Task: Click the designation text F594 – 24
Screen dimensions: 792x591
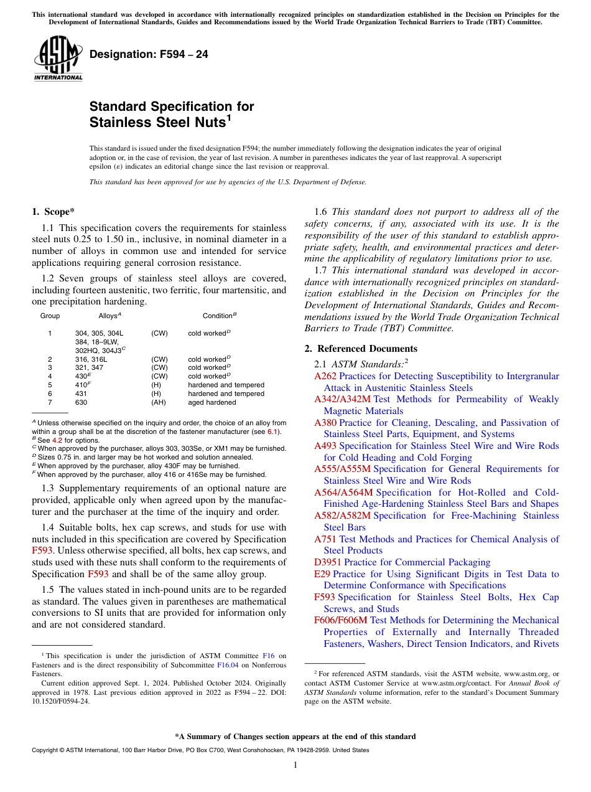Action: point(149,55)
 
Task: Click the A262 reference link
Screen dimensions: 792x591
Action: point(325,376)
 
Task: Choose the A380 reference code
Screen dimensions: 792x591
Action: point(325,423)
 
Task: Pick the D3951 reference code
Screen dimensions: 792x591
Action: point(328,562)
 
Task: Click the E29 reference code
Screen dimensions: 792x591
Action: point(322,574)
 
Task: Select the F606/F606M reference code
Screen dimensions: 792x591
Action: point(342,620)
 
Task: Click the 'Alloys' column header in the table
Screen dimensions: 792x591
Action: point(109,316)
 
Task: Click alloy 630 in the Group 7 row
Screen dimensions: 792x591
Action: point(81,403)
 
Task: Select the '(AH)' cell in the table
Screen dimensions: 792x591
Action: point(159,403)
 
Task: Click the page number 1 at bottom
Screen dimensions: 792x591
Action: point(295,765)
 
